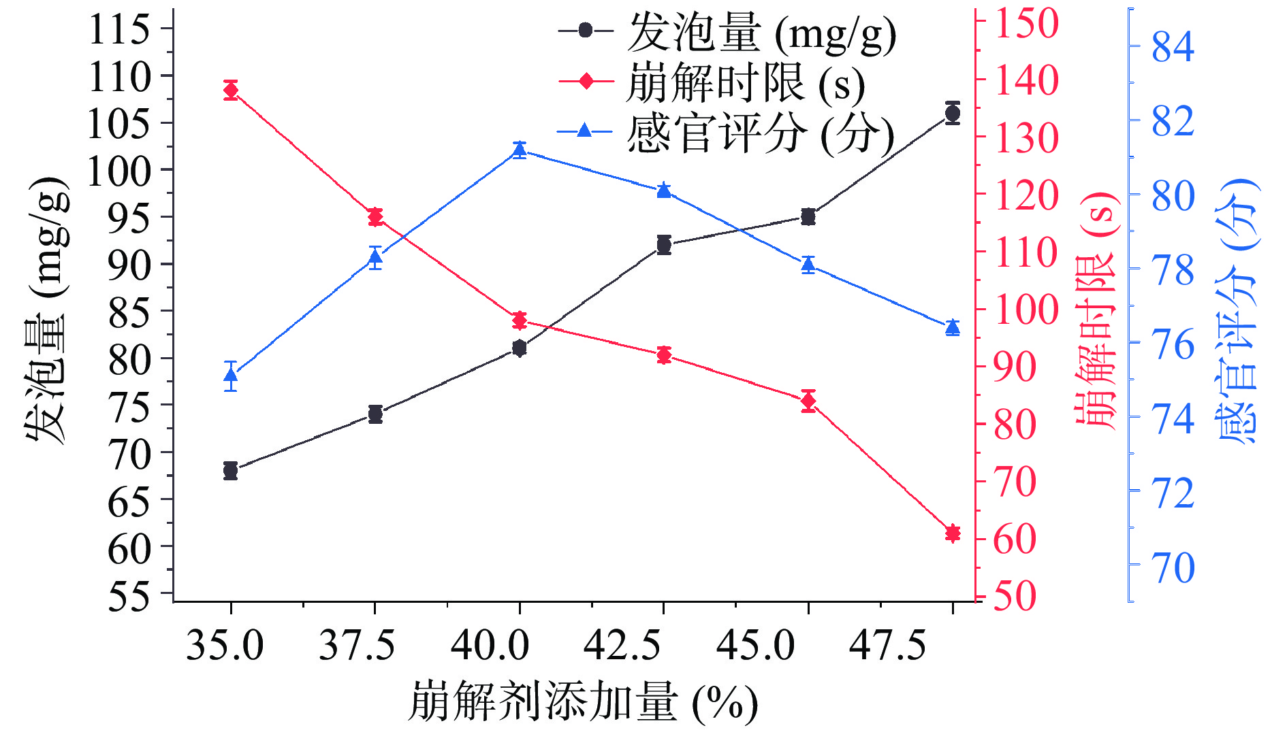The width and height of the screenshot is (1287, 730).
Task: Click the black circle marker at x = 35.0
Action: [x=230, y=470]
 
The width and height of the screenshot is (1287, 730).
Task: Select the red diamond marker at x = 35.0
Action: [x=231, y=90]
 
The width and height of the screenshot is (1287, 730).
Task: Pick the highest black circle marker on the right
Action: [x=953, y=113]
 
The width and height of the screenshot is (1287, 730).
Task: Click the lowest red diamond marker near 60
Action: [x=953, y=533]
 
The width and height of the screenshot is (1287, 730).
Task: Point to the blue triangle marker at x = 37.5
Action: [x=375, y=257]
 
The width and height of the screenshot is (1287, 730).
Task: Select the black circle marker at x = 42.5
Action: [x=664, y=245]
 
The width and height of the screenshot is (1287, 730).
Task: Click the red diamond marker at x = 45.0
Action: [x=808, y=401]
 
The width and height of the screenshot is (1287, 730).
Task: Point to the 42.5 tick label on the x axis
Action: [x=622, y=645]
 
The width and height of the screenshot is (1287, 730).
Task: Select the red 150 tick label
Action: [x=1027, y=23]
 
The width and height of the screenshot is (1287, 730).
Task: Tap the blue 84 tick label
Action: [x=1173, y=47]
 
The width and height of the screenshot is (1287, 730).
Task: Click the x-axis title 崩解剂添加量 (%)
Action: [x=583, y=703]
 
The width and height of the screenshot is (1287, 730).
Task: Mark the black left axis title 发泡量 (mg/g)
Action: [x=47, y=310]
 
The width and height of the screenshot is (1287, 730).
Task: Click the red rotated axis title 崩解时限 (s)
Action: [x=1096, y=310]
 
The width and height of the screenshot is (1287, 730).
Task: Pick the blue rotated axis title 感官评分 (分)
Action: [x=1236, y=312]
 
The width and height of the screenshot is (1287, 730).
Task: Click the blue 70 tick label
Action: [x=1173, y=567]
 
